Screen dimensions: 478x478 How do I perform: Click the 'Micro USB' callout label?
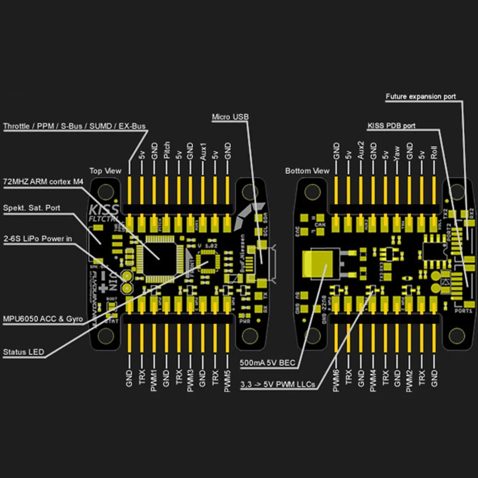(230, 116)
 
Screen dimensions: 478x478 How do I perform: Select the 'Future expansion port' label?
(420, 97)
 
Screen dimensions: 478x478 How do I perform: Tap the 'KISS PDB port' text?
(391, 126)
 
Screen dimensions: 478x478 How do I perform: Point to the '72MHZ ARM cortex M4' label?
(44, 182)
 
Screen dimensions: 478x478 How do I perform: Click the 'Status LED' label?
(24, 352)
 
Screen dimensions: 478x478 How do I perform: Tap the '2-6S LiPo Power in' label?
(37, 238)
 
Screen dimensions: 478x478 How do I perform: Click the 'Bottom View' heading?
(306, 171)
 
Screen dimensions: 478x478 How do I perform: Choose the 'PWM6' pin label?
(336, 381)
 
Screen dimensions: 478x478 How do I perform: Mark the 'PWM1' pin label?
(154, 381)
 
